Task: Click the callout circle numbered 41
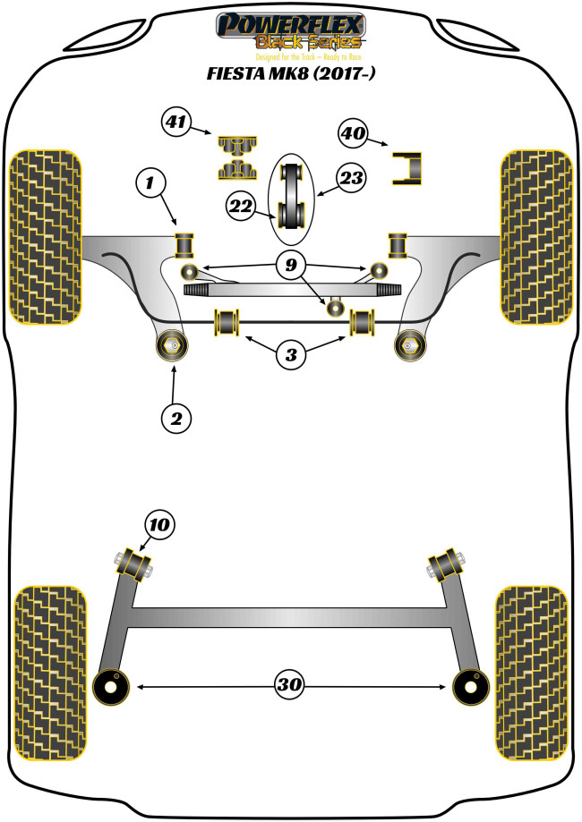click(x=176, y=122)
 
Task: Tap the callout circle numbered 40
click(x=354, y=134)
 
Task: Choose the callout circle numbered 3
click(x=290, y=354)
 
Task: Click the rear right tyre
click(x=531, y=672)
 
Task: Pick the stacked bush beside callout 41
click(x=236, y=156)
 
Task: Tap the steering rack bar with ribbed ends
click(x=291, y=290)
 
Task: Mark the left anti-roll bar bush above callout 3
click(x=227, y=321)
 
